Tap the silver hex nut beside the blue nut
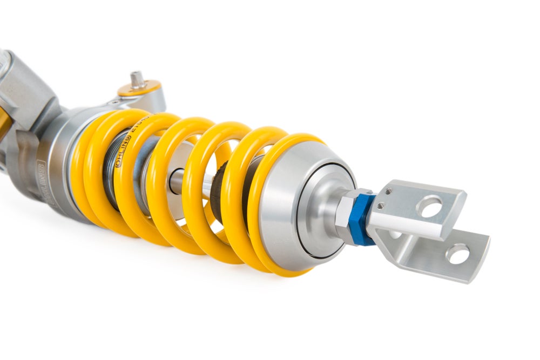346,212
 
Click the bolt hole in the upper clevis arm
430,206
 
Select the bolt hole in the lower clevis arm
457,254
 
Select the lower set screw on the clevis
381,205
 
